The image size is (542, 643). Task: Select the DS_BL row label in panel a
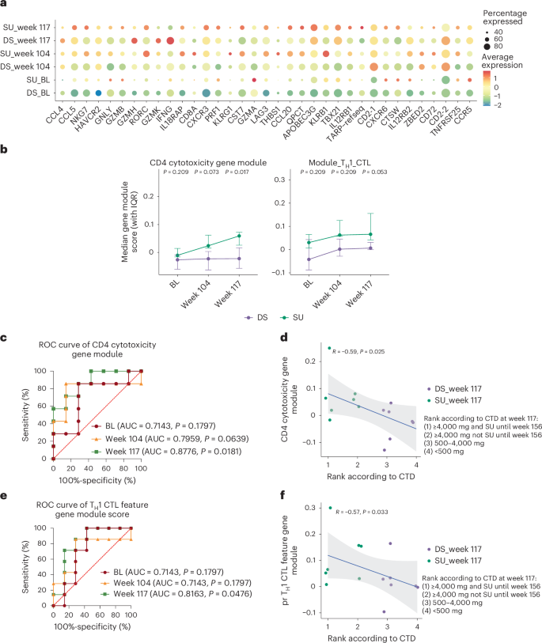click(32, 94)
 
